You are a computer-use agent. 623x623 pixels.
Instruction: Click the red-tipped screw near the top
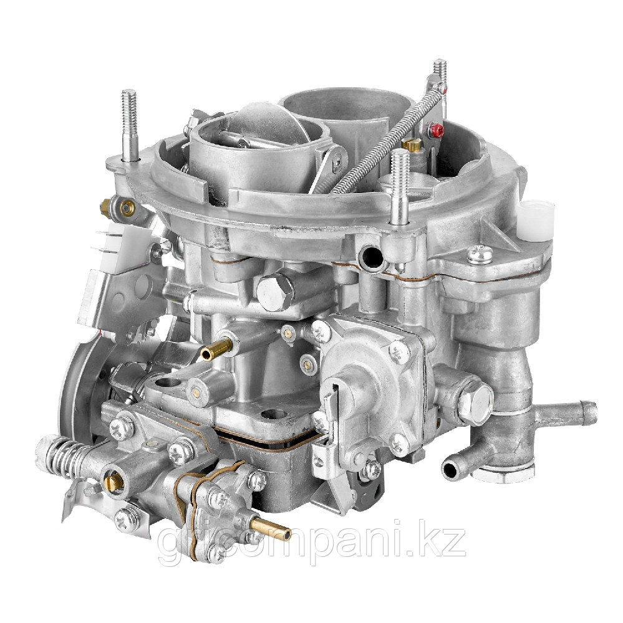(x=436, y=130)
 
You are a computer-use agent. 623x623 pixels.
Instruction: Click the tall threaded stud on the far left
(x=130, y=126)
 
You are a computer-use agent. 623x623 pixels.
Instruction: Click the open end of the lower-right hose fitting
(x=450, y=470)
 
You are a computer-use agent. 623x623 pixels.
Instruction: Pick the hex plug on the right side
(x=475, y=399)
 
